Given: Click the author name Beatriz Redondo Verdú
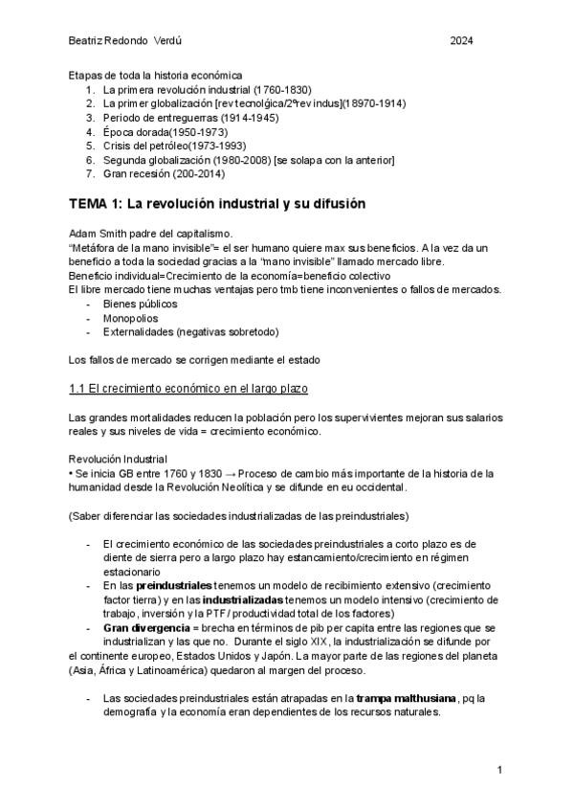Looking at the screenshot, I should coord(121,40).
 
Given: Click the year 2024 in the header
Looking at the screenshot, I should coord(461,40).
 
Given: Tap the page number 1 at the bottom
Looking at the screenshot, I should coord(499,770).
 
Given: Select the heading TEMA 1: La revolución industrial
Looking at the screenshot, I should coord(218,205).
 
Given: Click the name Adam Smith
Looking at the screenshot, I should coord(97,234).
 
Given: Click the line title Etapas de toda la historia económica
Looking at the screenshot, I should coord(156,75).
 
